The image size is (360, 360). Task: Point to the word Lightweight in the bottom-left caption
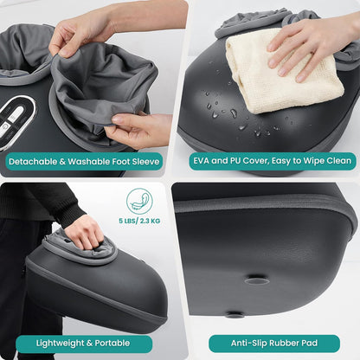pos(64,343)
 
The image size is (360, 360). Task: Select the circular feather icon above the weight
pos(139,201)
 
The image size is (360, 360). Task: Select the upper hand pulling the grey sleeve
pos(87,30)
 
